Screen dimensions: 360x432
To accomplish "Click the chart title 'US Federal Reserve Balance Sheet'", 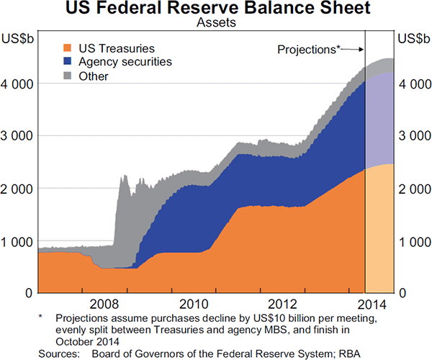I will coord(216,10).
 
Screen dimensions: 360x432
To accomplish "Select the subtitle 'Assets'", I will coord(215,23).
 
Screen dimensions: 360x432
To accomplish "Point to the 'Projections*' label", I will coord(309,49).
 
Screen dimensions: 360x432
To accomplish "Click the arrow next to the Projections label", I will coord(351,49).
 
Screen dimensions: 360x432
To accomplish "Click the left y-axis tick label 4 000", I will coord(18,84).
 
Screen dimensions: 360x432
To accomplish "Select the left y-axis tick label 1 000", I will coord(18,241).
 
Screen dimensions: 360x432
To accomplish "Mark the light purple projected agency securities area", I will coord(379,122).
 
